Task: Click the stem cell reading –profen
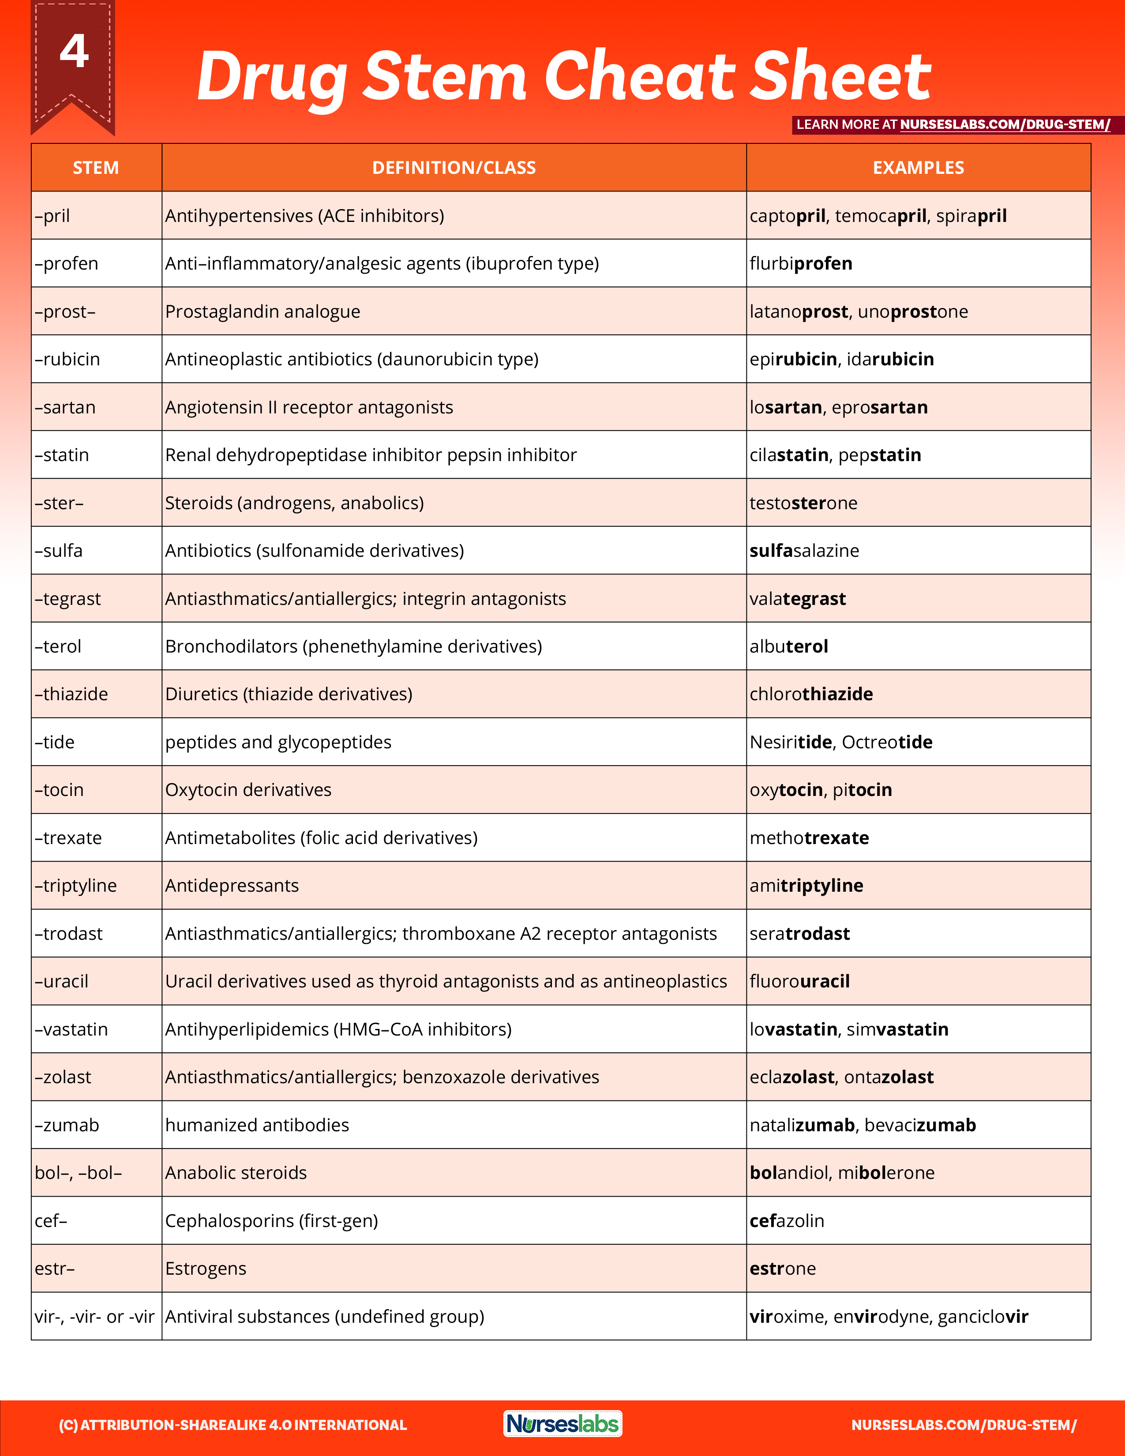point(67,264)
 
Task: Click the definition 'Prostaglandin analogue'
point(262,312)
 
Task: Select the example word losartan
point(786,407)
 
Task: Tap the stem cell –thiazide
point(71,694)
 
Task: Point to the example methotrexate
point(809,838)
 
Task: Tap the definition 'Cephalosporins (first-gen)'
point(271,1221)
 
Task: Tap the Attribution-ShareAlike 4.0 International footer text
point(232,1425)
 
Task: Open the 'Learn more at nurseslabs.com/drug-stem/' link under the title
point(953,125)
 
